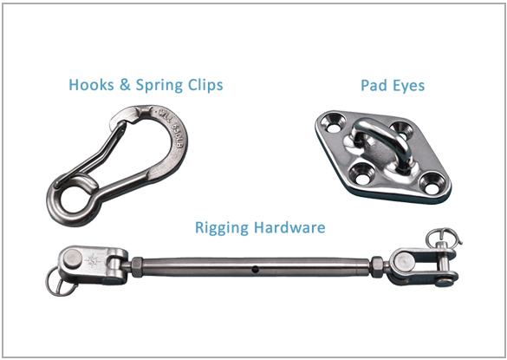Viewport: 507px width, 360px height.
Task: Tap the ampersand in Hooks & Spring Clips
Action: click(125, 85)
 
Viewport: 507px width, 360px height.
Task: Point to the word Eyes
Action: click(409, 87)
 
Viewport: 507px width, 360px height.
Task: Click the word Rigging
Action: click(222, 227)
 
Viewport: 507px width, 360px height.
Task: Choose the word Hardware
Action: click(289, 227)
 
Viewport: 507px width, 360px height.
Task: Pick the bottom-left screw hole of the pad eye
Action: click(361, 170)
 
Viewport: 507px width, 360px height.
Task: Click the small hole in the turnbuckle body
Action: click(256, 268)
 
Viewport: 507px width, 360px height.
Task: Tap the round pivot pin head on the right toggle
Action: click(403, 259)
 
